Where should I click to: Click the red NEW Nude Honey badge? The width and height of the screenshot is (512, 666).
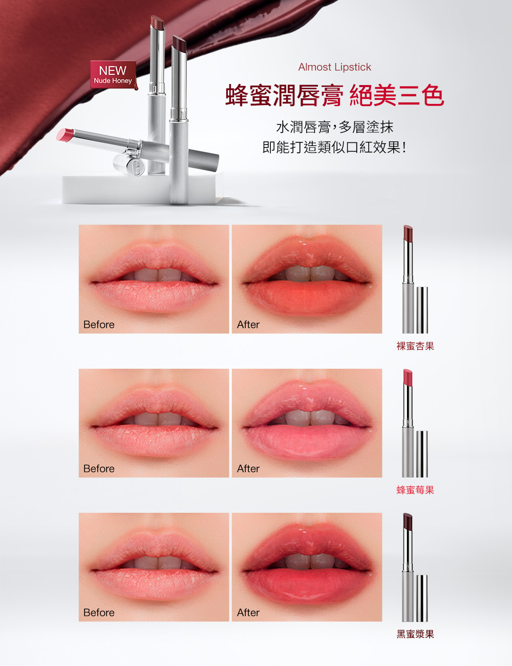click(113, 74)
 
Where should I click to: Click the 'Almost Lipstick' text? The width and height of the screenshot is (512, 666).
click(334, 67)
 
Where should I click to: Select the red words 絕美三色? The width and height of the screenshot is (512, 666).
click(397, 95)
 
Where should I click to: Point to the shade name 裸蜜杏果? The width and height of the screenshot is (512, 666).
click(415, 346)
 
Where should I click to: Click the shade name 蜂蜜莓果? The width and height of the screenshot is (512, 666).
click(415, 490)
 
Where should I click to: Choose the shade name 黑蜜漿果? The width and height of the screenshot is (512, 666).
click(415, 634)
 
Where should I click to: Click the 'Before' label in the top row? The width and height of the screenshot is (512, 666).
click(99, 325)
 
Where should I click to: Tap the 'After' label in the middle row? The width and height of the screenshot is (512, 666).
click(248, 469)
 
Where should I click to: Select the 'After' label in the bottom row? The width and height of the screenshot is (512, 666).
click(248, 613)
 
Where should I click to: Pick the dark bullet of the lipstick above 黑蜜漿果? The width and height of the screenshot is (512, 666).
click(408, 521)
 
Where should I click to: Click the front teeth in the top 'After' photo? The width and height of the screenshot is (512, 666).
click(310, 274)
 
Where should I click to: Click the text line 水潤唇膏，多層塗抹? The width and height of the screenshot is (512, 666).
click(335, 128)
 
